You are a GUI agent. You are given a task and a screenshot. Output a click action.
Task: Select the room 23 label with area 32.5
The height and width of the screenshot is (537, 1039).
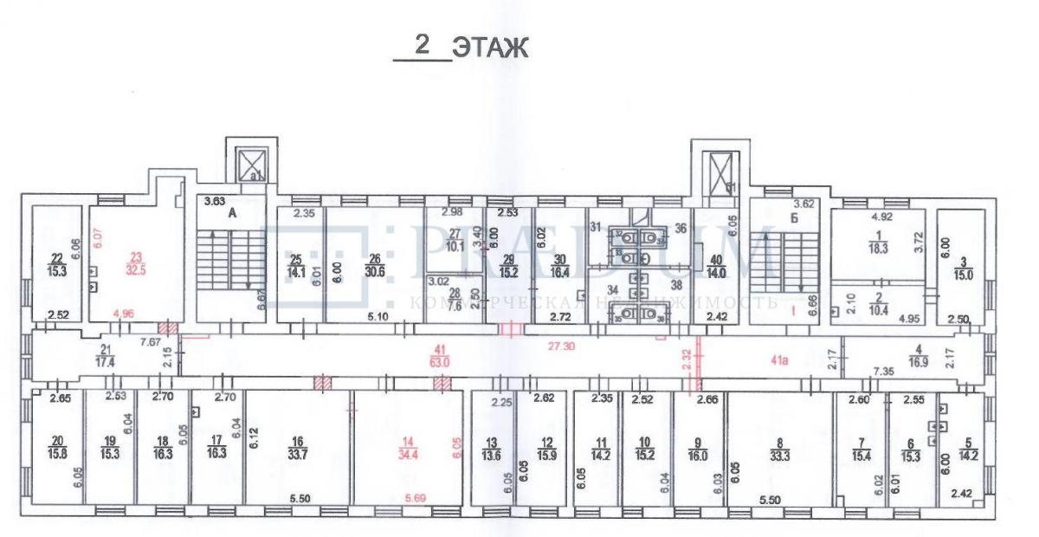click(x=135, y=262)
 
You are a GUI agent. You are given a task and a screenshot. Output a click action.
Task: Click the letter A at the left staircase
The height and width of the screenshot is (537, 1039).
click(x=231, y=210)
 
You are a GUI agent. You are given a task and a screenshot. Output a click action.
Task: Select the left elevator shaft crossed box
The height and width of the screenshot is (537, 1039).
click(x=252, y=162)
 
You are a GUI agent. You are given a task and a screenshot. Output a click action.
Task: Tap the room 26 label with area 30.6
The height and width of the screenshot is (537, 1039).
click(x=375, y=262)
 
